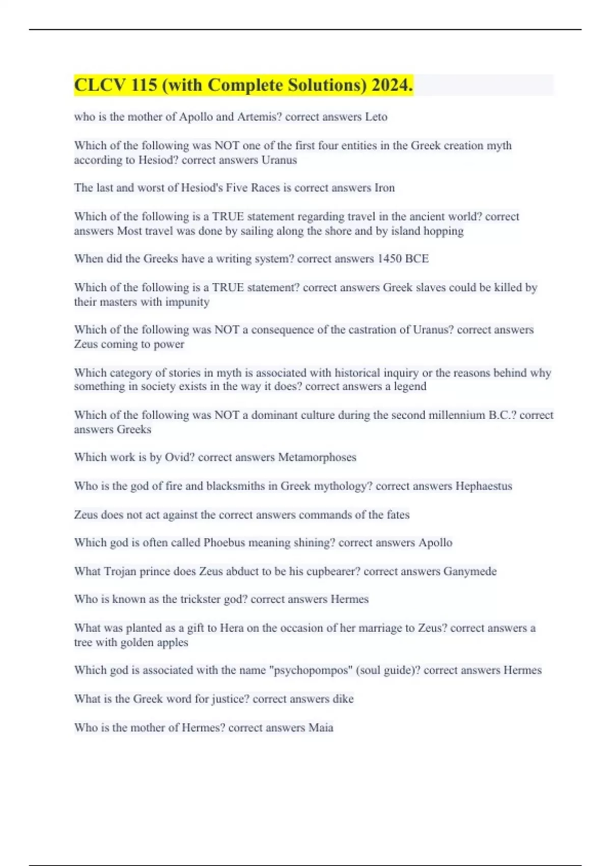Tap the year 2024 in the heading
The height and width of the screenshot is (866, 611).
(x=392, y=85)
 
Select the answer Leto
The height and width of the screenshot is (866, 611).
(x=376, y=117)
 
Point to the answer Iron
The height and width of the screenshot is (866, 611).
(x=384, y=187)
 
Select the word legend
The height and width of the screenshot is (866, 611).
(x=410, y=386)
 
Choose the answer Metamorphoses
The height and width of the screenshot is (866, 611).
(x=317, y=457)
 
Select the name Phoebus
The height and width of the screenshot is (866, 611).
(x=225, y=542)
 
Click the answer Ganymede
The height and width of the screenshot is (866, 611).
(x=469, y=571)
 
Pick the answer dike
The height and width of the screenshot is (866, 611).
(x=343, y=698)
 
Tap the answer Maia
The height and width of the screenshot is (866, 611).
(x=321, y=727)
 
